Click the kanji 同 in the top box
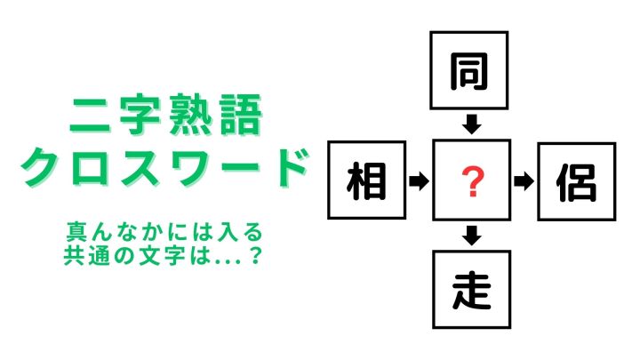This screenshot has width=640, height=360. point(469,71)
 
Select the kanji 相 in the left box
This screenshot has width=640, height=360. point(366,180)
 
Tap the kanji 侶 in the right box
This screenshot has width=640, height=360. point(576,182)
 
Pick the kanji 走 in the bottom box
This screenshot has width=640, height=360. point(471,290)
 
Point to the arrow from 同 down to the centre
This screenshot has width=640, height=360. point(472,124)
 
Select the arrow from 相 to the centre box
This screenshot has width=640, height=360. point(420,180)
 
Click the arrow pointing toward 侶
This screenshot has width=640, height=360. point(524,181)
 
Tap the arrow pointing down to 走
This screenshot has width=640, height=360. point(472,236)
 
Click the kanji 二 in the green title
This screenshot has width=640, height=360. point(90,116)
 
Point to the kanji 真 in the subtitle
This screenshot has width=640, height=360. point(77,232)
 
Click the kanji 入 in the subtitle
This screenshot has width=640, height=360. point(228,232)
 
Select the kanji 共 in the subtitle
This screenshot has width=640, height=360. point(74,255)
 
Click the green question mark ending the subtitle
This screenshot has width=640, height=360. point(255,256)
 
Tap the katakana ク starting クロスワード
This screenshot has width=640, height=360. point(41,166)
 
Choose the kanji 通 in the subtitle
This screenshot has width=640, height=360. point(100,255)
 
